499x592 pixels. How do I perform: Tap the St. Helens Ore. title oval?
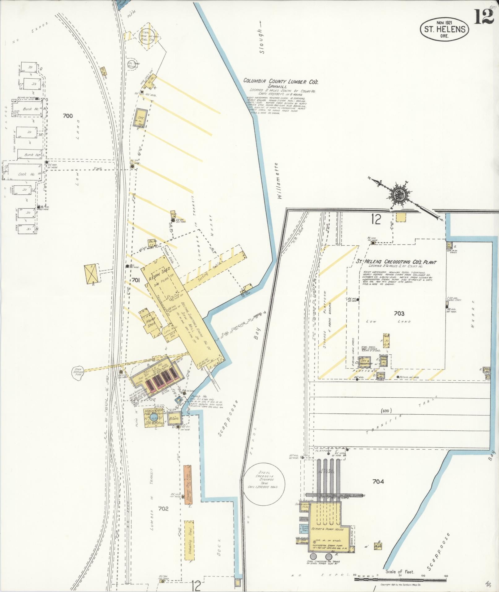pos(444,29)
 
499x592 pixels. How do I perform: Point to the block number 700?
pos(67,116)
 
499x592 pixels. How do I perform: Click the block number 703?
pos(399,313)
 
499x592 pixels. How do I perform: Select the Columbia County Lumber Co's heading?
pos(281,81)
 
